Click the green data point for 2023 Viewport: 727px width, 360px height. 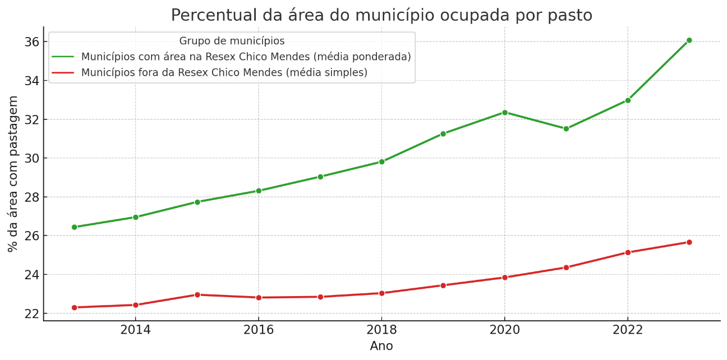click(x=689, y=40)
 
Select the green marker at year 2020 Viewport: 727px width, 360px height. click(x=504, y=113)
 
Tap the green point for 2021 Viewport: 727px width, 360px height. click(x=566, y=129)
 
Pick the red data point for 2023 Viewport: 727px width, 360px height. click(x=689, y=242)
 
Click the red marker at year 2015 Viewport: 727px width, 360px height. click(x=197, y=294)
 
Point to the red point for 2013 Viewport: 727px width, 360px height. click(x=74, y=307)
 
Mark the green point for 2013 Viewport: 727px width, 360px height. click(x=74, y=227)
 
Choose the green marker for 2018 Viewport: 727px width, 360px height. click(x=381, y=161)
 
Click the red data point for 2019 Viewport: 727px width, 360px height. click(x=443, y=285)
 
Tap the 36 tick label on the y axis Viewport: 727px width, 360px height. click(x=31, y=42)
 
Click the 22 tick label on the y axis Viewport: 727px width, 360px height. click(x=31, y=313)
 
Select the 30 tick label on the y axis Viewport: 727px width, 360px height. click(x=31, y=158)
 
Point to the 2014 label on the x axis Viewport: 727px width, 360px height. click(x=135, y=330)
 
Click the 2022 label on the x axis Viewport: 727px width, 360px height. click(x=628, y=330)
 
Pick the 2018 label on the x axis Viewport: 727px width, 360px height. click(x=381, y=330)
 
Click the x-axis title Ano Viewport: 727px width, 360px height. click(x=381, y=347)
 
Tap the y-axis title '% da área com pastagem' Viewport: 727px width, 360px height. click(x=13, y=174)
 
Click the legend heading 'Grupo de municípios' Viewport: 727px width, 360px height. click(x=232, y=41)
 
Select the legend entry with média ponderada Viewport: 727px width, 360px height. click(x=246, y=57)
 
